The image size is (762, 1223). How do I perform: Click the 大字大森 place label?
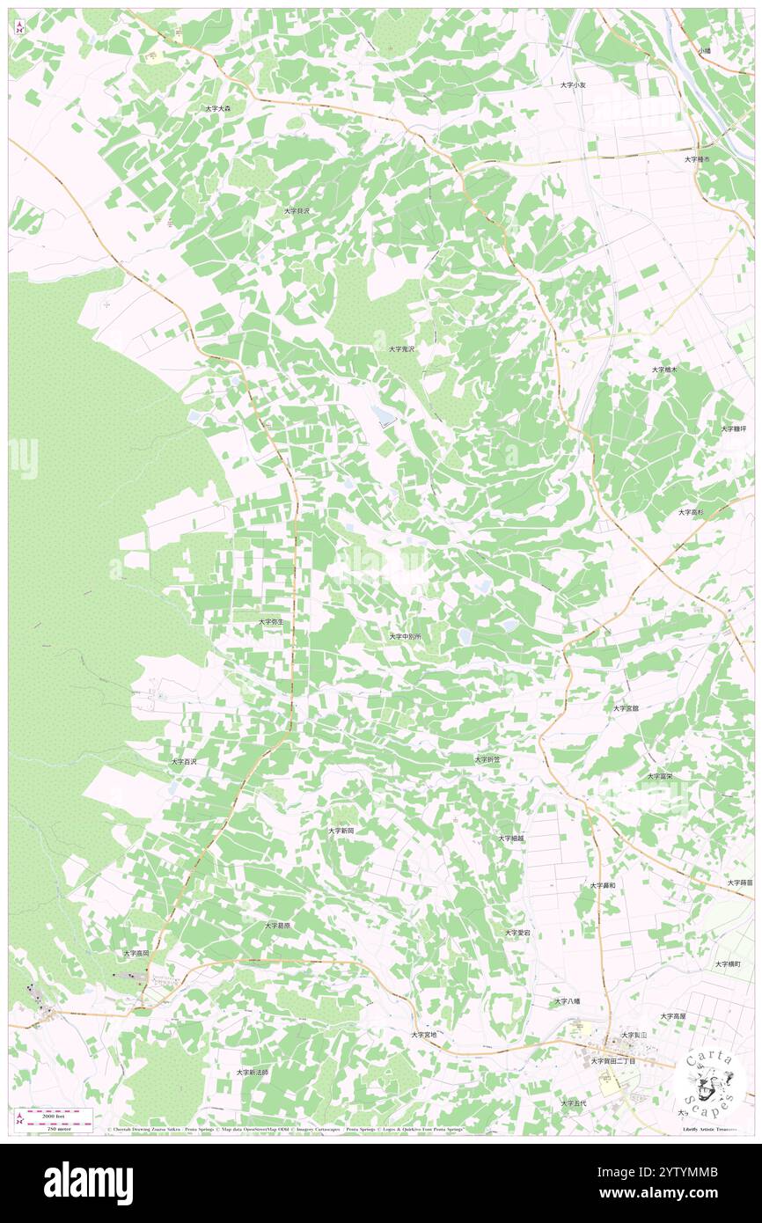click(217, 108)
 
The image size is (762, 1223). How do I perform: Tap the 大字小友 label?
click(573, 84)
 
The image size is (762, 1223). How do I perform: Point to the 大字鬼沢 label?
click(401, 349)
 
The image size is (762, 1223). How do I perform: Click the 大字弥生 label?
click(271, 622)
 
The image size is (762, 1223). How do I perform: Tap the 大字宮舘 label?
click(626, 707)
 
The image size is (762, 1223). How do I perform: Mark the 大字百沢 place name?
click(184, 761)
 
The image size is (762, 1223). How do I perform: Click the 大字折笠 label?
click(487, 758)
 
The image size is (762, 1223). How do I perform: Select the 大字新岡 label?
click(341, 830)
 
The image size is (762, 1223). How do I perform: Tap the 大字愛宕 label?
click(517, 932)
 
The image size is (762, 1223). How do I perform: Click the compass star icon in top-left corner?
click(19, 27)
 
